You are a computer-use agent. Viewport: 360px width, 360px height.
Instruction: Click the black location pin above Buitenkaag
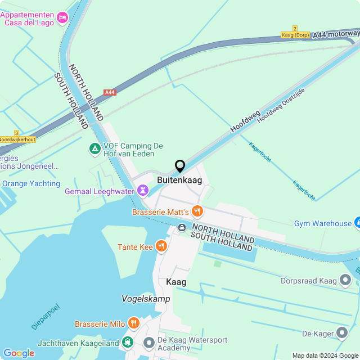(180, 166)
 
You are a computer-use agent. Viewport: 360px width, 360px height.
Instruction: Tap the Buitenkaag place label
(180, 180)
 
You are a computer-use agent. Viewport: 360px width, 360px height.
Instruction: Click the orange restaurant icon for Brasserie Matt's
(197, 211)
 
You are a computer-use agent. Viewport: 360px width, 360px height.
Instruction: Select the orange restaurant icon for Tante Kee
(161, 246)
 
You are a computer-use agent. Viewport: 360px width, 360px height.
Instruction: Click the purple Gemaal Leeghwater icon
(143, 191)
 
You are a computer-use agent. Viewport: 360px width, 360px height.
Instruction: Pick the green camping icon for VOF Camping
(94, 150)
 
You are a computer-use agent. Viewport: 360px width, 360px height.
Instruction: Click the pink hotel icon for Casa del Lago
(62, 18)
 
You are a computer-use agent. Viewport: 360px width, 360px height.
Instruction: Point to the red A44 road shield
(110, 92)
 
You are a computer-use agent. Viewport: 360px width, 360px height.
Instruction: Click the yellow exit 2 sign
(295, 28)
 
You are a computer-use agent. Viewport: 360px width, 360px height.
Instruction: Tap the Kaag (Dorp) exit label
(295, 35)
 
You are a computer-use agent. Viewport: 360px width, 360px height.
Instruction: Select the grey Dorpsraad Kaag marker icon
(345, 280)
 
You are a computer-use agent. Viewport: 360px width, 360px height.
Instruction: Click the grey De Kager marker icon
(342, 334)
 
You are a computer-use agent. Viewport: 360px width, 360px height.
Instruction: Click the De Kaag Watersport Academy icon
(149, 342)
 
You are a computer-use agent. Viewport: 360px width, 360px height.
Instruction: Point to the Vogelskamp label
(146, 299)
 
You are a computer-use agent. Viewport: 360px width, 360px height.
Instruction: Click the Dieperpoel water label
(46, 317)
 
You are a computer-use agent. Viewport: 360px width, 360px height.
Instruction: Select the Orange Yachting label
(31, 183)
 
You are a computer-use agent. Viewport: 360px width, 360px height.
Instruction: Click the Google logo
(19, 353)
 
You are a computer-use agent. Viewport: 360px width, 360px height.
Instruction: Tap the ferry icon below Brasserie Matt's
(182, 228)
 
